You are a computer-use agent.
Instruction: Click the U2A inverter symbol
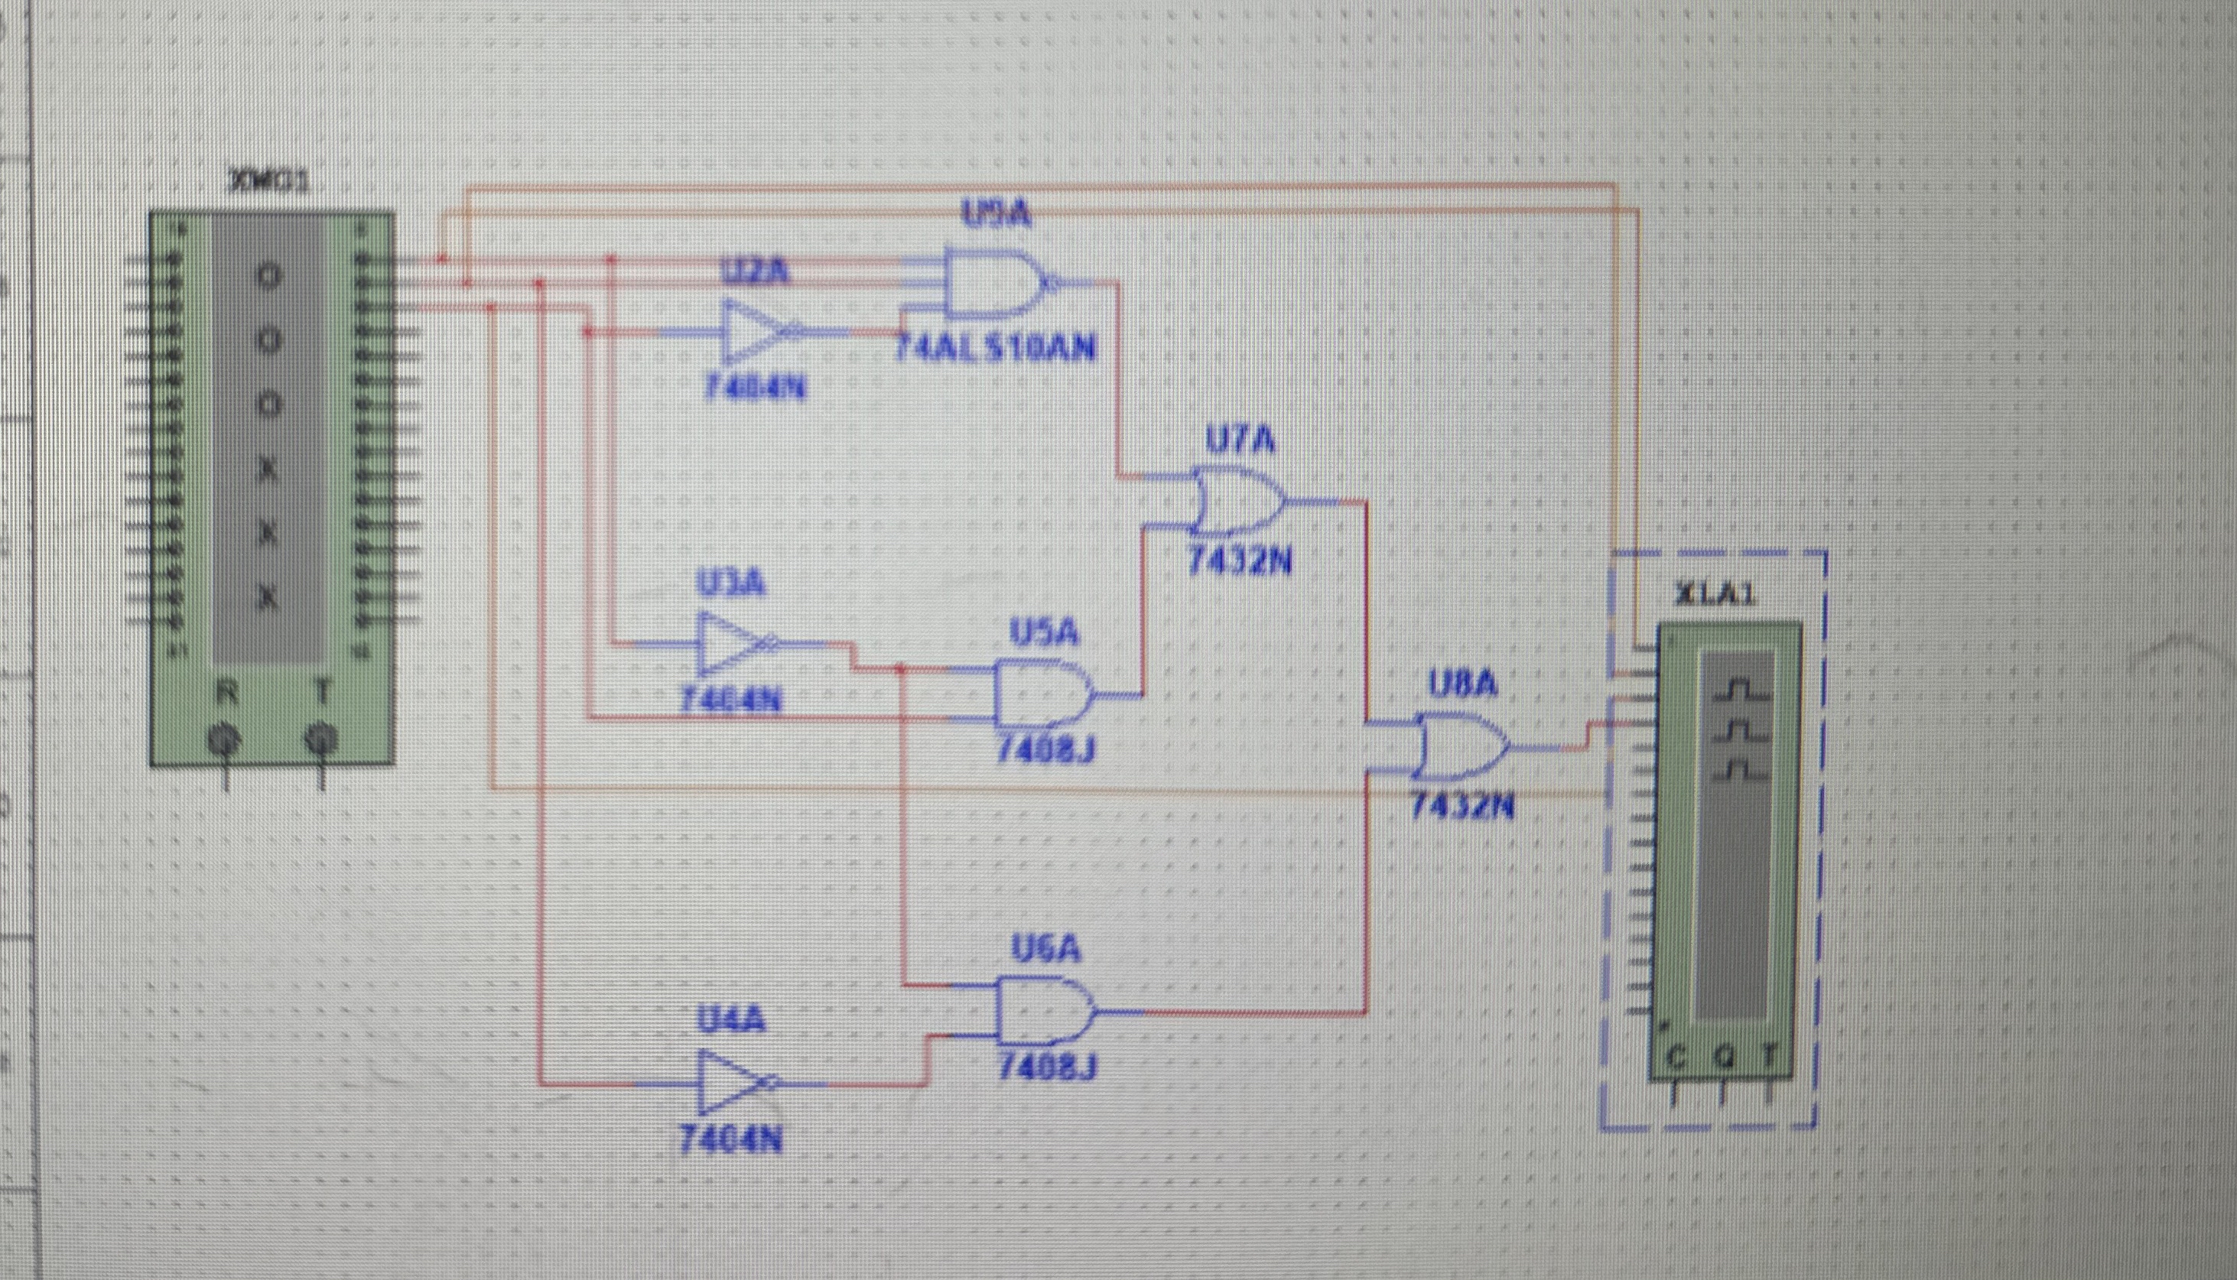(x=752, y=333)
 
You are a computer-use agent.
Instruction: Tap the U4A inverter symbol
(x=730, y=1083)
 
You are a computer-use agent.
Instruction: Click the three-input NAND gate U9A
(x=989, y=283)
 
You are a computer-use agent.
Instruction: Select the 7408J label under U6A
(x=1046, y=1067)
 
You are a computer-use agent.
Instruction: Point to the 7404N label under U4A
(x=730, y=1141)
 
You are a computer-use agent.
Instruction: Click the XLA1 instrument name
(x=1715, y=595)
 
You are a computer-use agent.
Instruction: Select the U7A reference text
(x=1240, y=440)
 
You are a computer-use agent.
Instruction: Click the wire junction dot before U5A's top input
(x=899, y=669)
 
